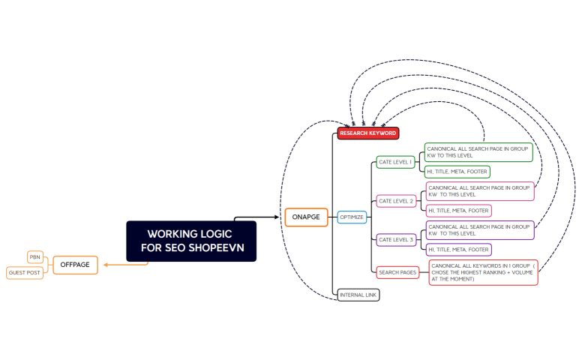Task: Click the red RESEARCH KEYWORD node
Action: pos(367,133)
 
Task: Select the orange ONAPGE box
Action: pos(306,217)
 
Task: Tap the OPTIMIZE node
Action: pos(352,217)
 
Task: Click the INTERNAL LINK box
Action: pos(358,295)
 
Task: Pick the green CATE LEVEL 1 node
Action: pos(395,162)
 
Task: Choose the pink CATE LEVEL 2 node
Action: pos(395,201)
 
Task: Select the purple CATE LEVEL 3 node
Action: pos(395,239)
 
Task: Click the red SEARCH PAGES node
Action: pos(397,271)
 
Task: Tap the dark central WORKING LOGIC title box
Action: pos(190,241)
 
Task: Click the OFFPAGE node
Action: pos(75,265)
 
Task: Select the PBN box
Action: pos(35,256)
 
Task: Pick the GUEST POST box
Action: pos(25,273)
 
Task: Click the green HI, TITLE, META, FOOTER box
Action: pos(457,172)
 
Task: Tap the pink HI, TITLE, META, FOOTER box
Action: pos(459,211)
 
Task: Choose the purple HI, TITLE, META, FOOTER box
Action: pos(459,249)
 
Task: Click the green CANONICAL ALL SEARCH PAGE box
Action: pos(478,152)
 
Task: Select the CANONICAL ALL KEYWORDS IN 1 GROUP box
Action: pos(483,272)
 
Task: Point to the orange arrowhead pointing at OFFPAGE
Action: pos(106,265)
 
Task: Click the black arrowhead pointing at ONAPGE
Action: pos(279,217)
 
